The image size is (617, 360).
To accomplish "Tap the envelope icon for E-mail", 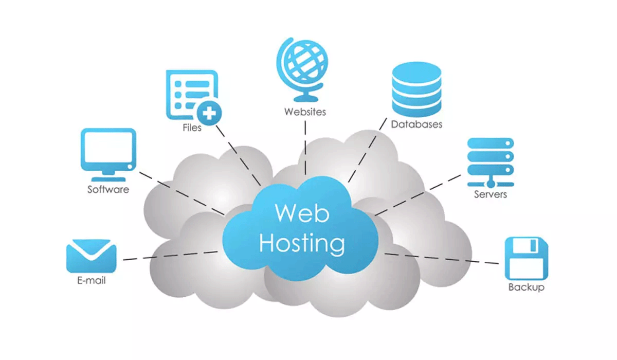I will pyautogui.click(x=91, y=256).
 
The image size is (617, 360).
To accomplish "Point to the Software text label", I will pyautogui.click(x=108, y=189).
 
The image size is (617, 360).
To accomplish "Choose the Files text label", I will pyautogui.click(x=192, y=127).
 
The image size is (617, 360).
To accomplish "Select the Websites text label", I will pyautogui.click(x=305, y=111).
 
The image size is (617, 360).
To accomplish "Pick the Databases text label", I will pyautogui.click(x=416, y=124).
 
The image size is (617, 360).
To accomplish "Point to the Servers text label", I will pyautogui.click(x=491, y=194).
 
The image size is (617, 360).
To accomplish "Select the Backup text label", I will pyautogui.click(x=526, y=287).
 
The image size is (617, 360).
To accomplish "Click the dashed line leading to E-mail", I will pyautogui.click(x=170, y=256).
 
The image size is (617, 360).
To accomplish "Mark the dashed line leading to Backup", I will pyautogui.click(x=442, y=258).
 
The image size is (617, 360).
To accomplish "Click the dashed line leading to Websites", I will pyautogui.click(x=305, y=147).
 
